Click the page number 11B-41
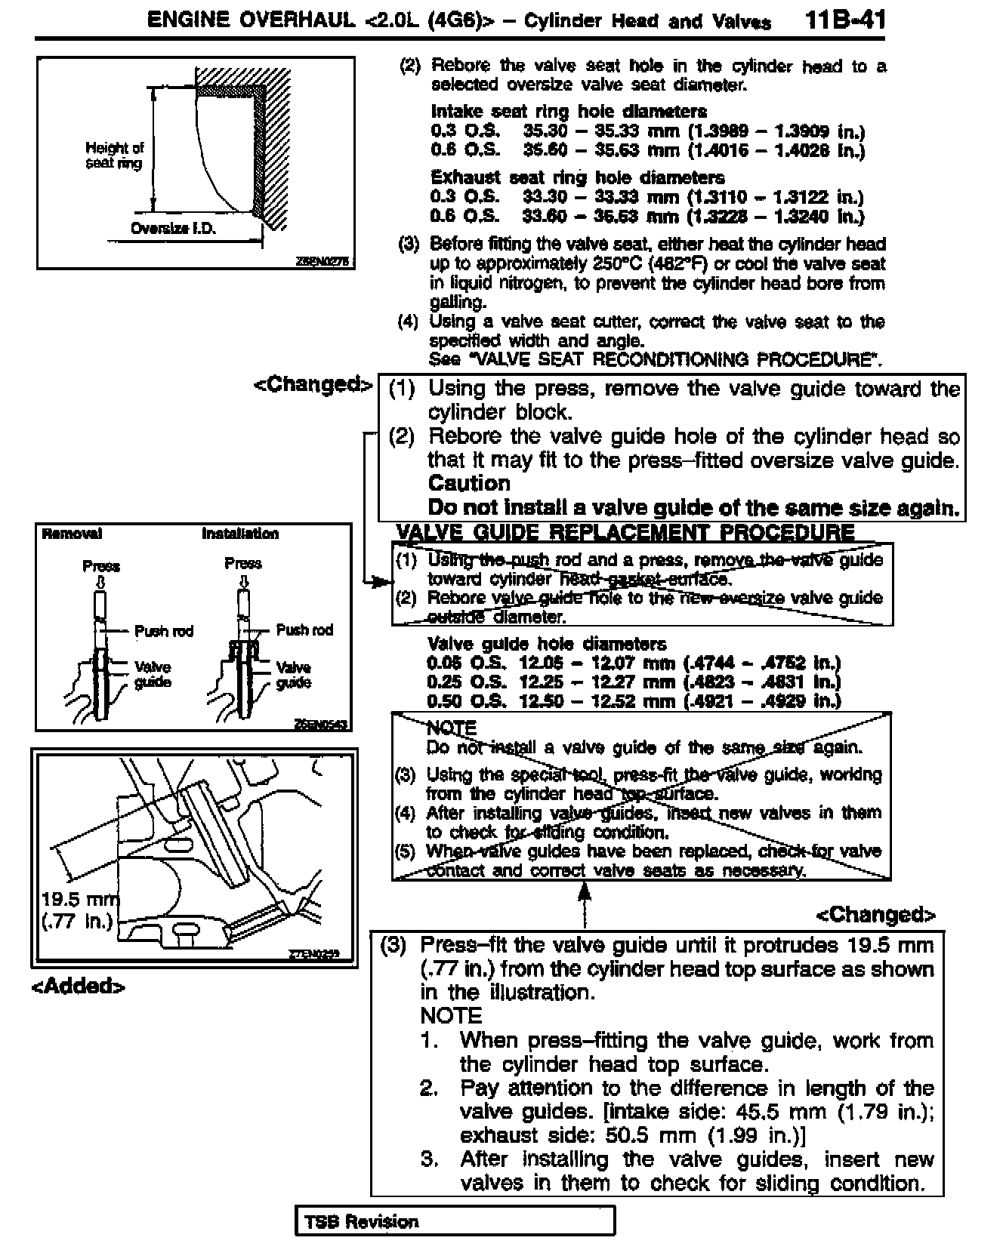pyautogui.click(x=845, y=20)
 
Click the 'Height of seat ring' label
pyautogui.click(x=114, y=155)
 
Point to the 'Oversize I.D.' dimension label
pyautogui.click(x=174, y=229)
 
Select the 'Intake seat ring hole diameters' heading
pyautogui.click(x=569, y=112)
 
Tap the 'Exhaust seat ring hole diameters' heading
pyautogui.click(x=578, y=177)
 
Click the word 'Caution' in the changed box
pyautogui.click(x=469, y=483)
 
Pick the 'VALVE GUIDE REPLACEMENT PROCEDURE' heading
pyautogui.click(x=625, y=532)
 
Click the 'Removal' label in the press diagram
pyautogui.click(x=73, y=534)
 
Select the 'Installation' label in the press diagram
pyautogui.click(x=240, y=534)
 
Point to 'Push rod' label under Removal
pyautogui.click(x=164, y=631)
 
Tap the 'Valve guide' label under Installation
pyautogui.click(x=293, y=675)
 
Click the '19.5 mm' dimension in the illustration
pyautogui.click(x=79, y=900)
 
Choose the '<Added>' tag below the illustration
pyautogui.click(x=78, y=987)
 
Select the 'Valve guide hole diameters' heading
pyautogui.click(x=547, y=644)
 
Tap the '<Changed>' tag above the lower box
pyautogui.click(x=875, y=915)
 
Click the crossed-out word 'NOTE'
pyautogui.click(x=452, y=728)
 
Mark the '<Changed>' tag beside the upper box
pyautogui.click(x=313, y=384)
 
